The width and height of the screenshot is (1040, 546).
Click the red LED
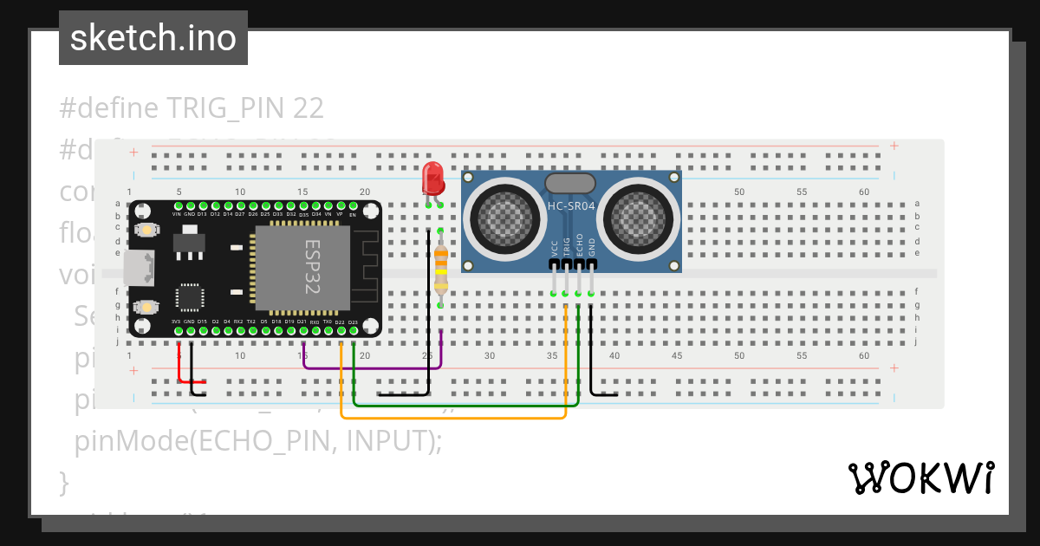pos(432,179)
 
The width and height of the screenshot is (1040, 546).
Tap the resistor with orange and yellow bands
pos(440,268)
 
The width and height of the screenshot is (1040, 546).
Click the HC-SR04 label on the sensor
pos(571,205)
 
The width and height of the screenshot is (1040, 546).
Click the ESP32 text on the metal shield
pos(311,267)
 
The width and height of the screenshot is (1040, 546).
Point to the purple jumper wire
pos(373,367)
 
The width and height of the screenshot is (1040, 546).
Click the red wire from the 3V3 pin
pos(190,380)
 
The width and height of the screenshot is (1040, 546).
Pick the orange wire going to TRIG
pos(451,418)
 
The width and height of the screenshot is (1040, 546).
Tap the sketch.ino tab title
pos(153,38)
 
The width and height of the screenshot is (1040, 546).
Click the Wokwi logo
pos(920,478)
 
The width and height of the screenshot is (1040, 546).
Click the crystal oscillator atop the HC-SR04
pos(569,183)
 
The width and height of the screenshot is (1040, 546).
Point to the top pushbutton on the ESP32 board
pos(146,230)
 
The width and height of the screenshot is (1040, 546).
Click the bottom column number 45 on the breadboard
pos(677,355)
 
